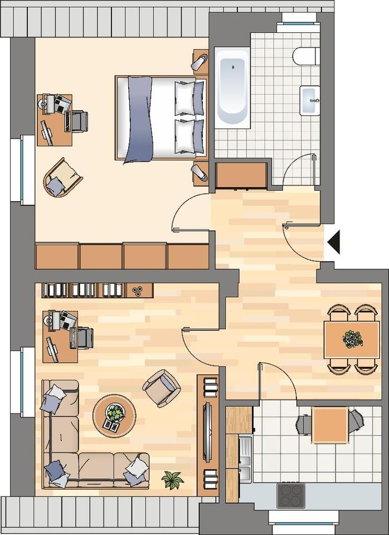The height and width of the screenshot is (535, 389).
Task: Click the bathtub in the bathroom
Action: [x=232, y=87]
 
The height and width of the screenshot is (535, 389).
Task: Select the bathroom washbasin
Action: [x=309, y=100]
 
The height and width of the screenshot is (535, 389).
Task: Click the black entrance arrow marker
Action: [x=334, y=243]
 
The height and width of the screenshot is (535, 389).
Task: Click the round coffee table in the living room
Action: [x=114, y=415]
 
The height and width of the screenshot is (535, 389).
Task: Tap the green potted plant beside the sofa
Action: [x=172, y=479]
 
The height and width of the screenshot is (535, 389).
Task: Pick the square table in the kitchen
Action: [x=329, y=425]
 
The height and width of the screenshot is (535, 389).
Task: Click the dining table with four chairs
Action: [x=344, y=339]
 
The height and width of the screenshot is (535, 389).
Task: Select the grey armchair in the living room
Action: [x=161, y=387]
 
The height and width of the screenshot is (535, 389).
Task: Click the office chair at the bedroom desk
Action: [x=77, y=120]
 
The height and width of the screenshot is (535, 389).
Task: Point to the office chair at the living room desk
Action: [x=83, y=338]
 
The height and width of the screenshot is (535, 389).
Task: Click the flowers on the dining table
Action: [x=352, y=339]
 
